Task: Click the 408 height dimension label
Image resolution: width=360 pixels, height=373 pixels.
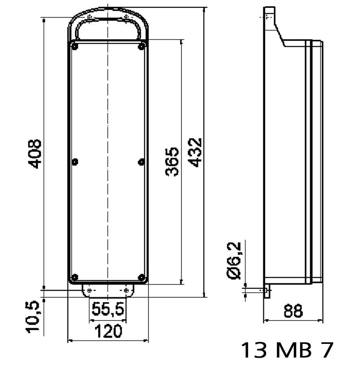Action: [36, 153]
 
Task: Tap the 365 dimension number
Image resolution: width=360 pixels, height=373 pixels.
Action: [172, 162]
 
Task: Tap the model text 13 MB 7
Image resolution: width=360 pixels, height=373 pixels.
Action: [287, 350]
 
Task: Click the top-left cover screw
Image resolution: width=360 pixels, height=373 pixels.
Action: [75, 47]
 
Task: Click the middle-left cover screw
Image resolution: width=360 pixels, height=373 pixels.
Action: [75, 162]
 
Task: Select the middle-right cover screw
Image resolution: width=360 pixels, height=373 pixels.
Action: [141, 162]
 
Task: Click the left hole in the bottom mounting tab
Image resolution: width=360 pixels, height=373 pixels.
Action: [90, 290]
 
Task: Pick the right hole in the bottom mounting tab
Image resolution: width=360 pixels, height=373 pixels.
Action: [126, 290]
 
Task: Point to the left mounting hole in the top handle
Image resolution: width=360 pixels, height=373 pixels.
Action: [90, 18]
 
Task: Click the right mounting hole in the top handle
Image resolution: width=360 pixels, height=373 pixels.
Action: [126, 18]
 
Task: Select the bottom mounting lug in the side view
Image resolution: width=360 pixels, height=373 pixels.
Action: [267, 292]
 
